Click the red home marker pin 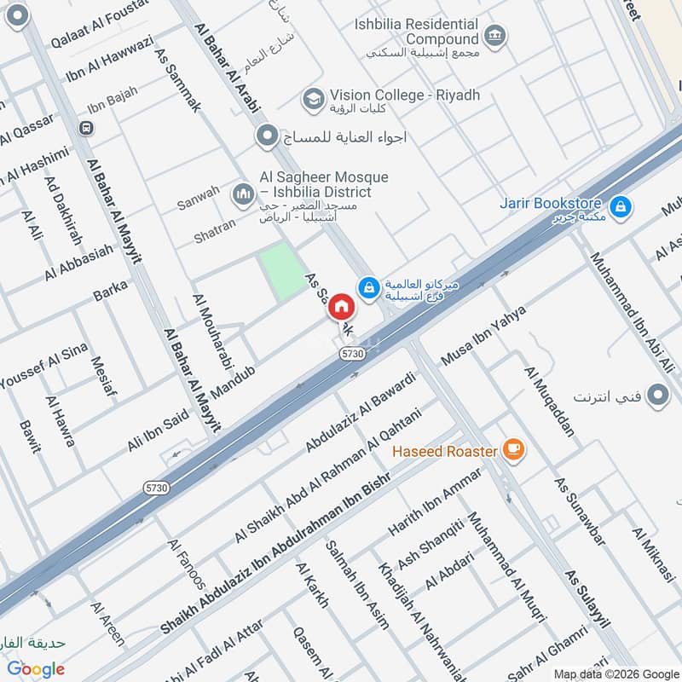coord(341,307)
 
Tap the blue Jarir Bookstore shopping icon coord(621,205)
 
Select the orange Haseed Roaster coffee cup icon coord(512,450)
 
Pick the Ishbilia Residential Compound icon coord(494,36)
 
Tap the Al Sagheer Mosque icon coord(245,194)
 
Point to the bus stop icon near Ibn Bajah coord(84,128)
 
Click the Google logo coord(36,669)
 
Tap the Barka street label coord(110,290)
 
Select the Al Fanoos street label coord(187,564)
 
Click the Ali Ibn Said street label coord(157,429)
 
